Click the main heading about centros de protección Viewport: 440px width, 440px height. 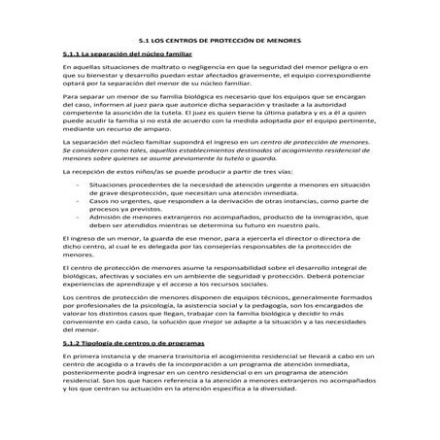point(220,40)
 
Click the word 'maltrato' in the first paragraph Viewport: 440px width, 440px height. point(153,69)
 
